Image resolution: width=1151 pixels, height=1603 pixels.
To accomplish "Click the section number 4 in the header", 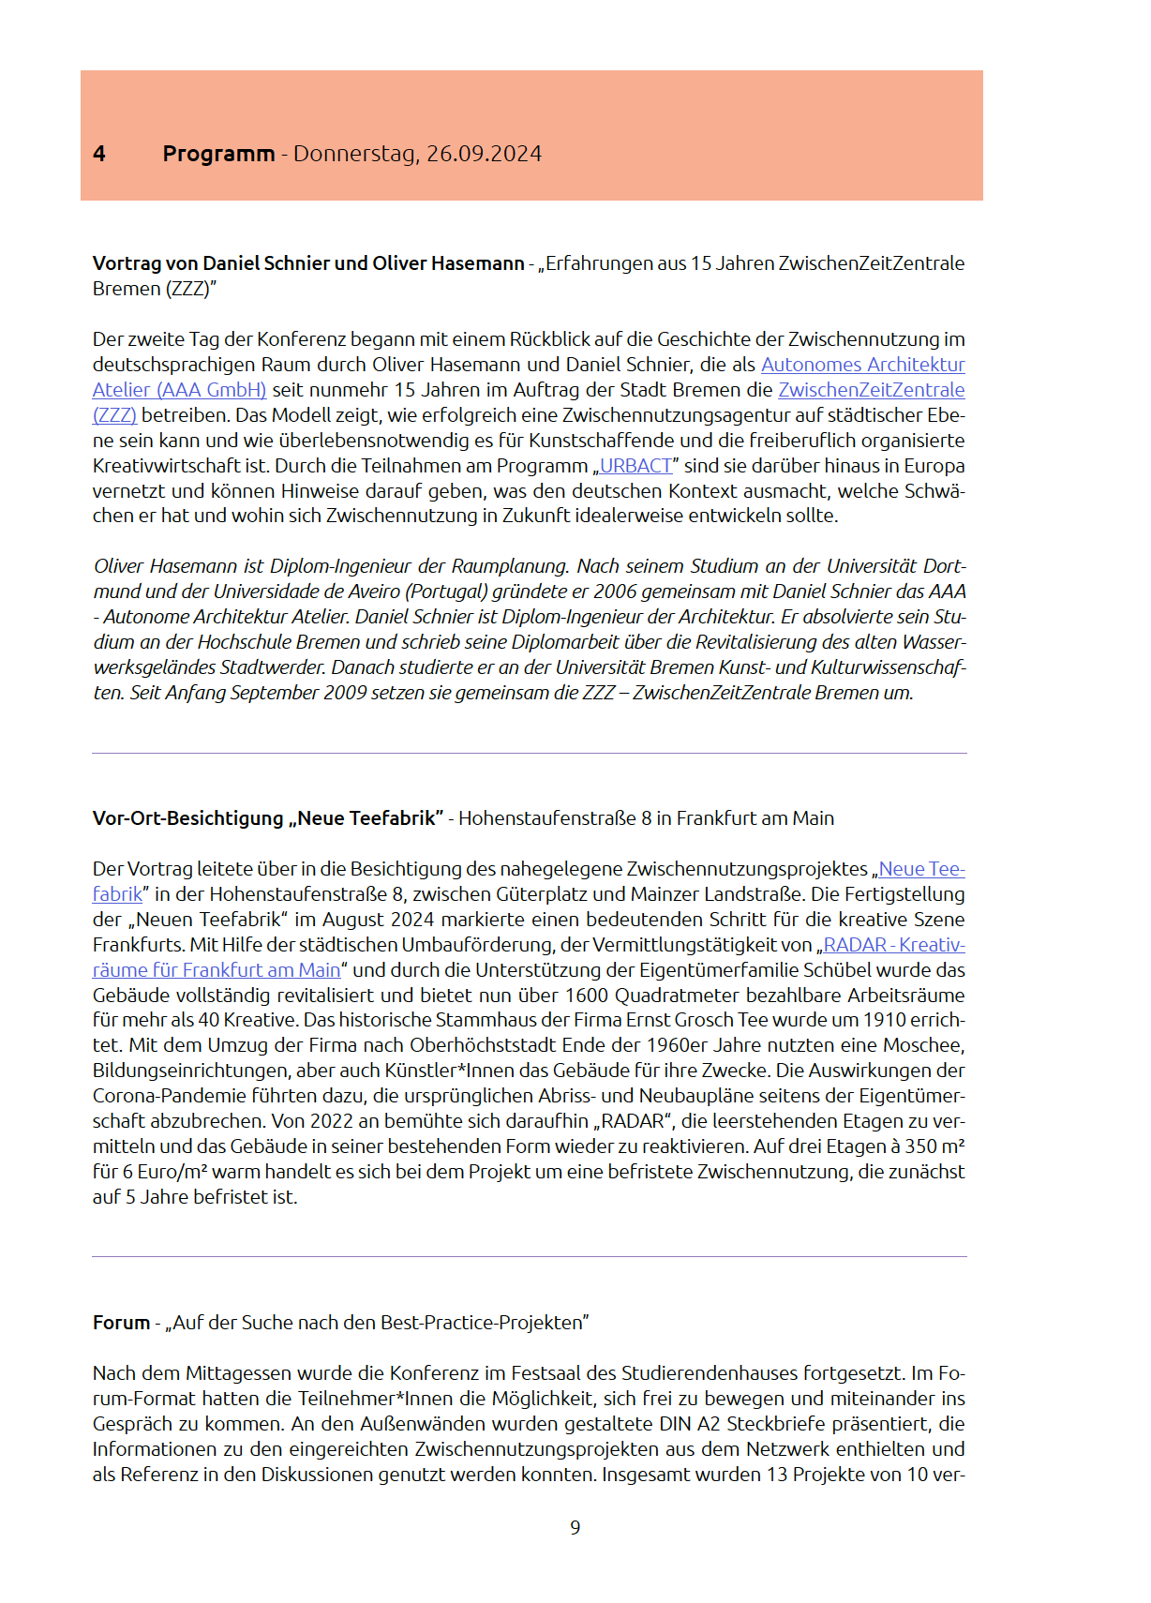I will click(x=99, y=154).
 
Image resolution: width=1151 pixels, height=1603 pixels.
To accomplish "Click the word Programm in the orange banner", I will click(x=218, y=154).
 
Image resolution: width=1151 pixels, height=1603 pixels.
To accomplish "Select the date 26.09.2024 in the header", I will click(x=484, y=154).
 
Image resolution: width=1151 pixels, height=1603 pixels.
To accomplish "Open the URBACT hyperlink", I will click(x=635, y=466).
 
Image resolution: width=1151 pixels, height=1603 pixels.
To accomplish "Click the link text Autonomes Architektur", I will click(x=862, y=365).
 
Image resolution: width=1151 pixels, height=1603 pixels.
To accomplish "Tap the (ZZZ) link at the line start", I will click(x=114, y=415).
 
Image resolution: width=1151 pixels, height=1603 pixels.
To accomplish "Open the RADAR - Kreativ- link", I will click(x=893, y=945).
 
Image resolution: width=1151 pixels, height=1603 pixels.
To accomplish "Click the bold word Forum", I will click(x=121, y=1323).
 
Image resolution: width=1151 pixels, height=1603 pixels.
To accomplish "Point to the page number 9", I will click(x=575, y=1528).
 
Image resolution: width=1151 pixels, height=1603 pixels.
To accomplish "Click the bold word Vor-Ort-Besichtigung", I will click(x=187, y=818).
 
